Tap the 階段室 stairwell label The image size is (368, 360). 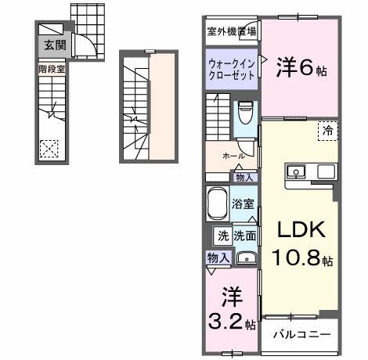pos(49,69)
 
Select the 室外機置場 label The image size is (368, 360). pos(231,32)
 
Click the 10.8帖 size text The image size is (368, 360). pos(301,256)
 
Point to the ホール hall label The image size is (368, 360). pos(232,157)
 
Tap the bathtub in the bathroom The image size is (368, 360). pos(218,205)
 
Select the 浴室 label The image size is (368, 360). pos(244,205)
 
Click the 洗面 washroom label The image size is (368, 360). pos(244,235)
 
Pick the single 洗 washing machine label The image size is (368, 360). pos(222,235)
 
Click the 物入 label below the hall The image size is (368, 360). pos(244,178)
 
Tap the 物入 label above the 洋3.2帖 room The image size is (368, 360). pos(218,257)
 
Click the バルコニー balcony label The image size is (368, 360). pos(301,335)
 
